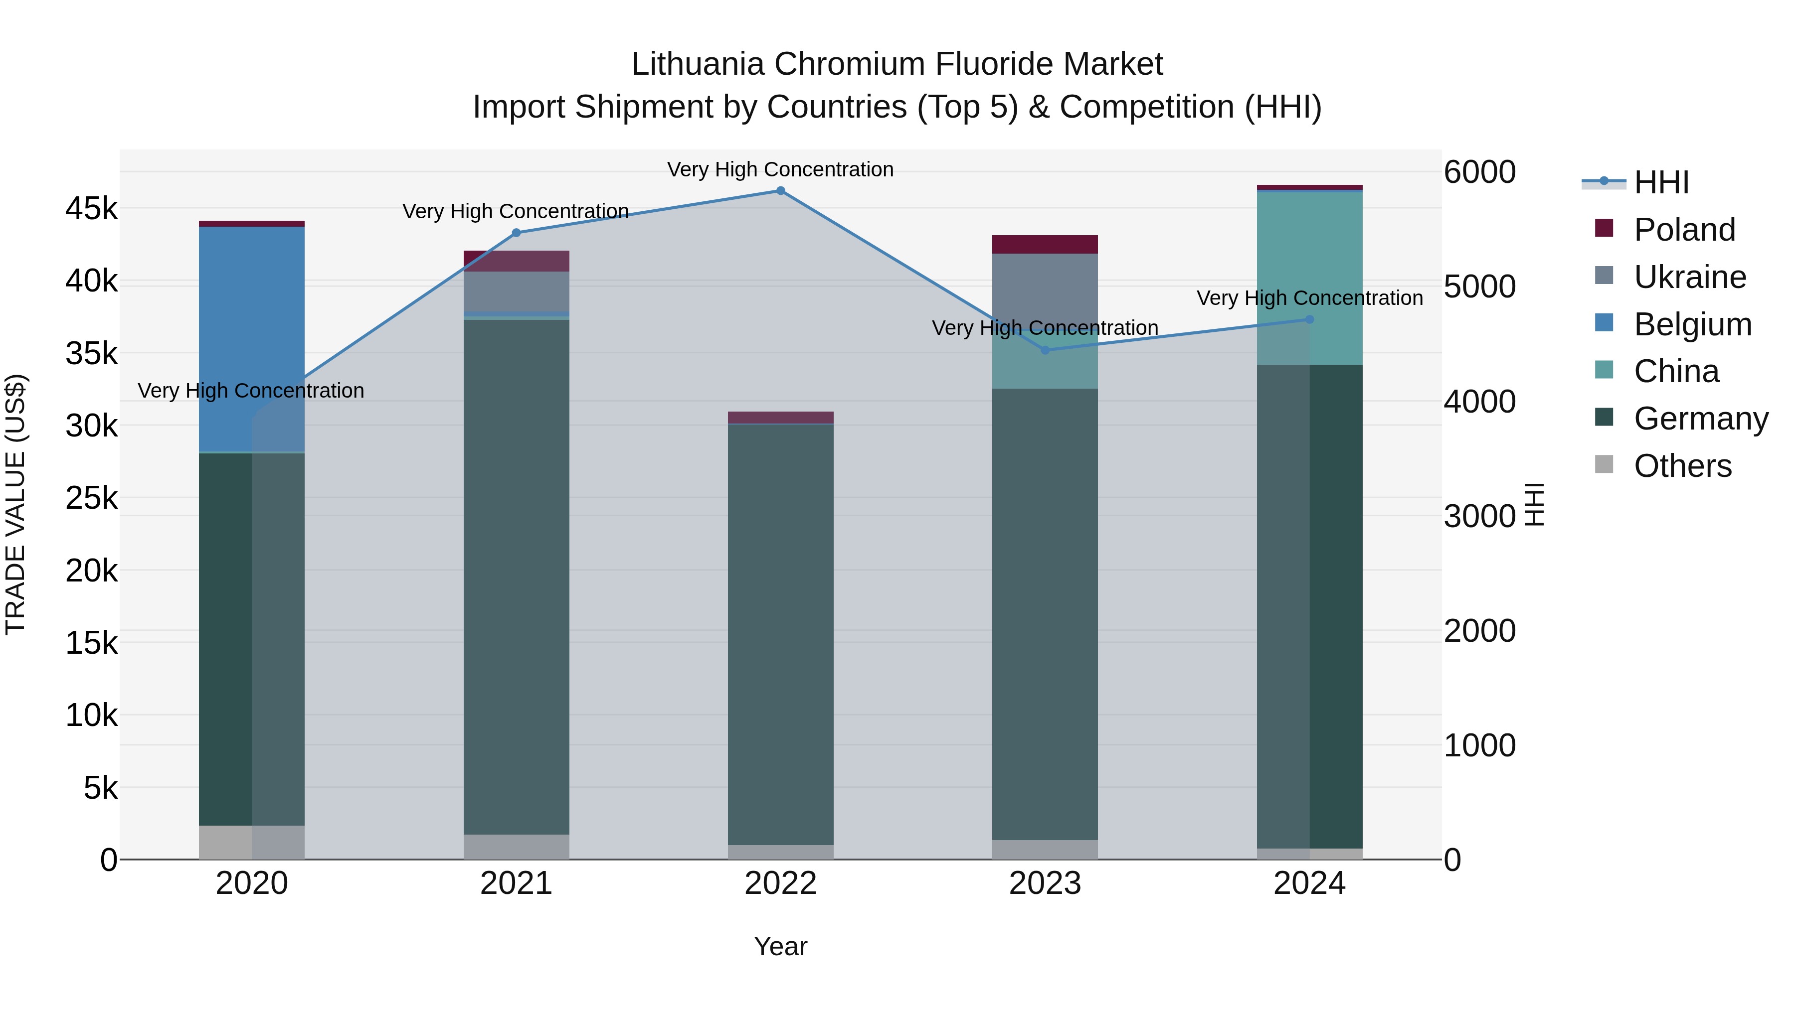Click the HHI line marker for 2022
pyautogui.click(x=780, y=191)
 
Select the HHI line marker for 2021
pyautogui.click(x=517, y=233)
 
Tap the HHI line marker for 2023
pyautogui.click(x=1045, y=350)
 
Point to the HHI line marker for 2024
pyautogui.click(x=1309, y=319)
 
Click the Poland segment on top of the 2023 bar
pyautogui.click(x=1045, y=245)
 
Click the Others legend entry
pyautogui.click(x=1682, y=466)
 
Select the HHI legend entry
pyautogui.click(x=1661, y=182)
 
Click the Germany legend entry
pyautogui.click(x=1700, y=419)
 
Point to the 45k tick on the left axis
pyautogui.click(x=91, y=208)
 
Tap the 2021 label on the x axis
pyautogui.click(x=517, y=883)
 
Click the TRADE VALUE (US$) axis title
pyautogui.click(x=15, y=504)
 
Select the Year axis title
pyautogui.click(x=780, y=946)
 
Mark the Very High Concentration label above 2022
pyautogui.click(x=780, y=169)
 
